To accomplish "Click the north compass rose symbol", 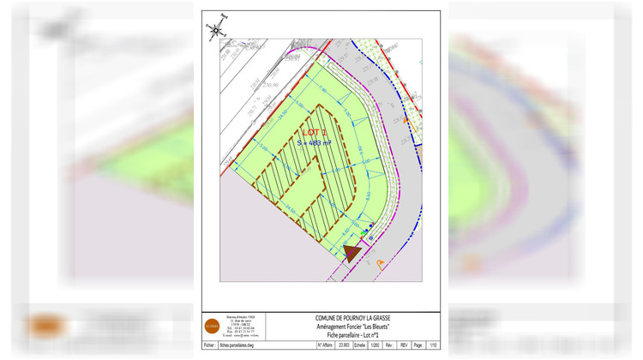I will tap(215, 28).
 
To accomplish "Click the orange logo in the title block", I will tap(212, 326).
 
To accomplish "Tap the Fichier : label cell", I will tap(210, 345).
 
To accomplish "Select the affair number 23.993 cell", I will tap(344, 345).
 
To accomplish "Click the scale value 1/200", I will tap(376, 345).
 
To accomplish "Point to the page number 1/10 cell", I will tap(432, 345).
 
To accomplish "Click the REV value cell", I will tap(404, 345).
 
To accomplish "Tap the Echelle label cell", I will tap(360, 345).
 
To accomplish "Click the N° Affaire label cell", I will tap(326, 345).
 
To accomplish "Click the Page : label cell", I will tap(418, 345).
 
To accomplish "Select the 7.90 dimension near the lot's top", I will tap(322, 89).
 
